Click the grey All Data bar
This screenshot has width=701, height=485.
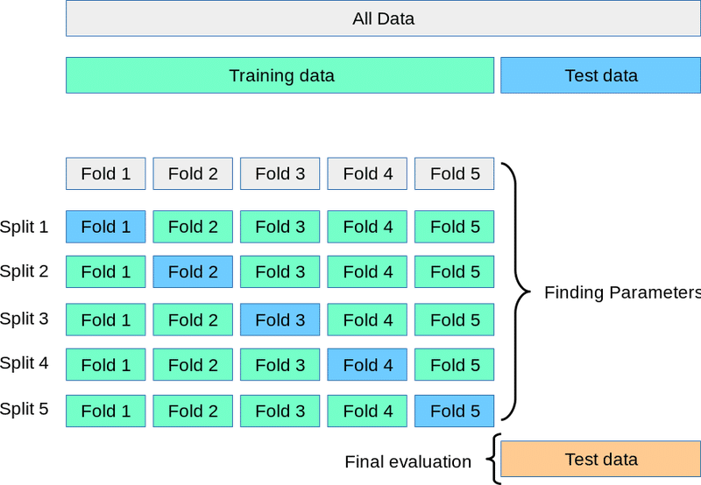tap(383, 18)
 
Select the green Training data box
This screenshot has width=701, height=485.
tap(280, 75)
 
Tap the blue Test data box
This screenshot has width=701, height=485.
tap(600, 75)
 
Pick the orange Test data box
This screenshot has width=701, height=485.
tap(600, 459)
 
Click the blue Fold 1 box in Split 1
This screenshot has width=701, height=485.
tap(105, 227)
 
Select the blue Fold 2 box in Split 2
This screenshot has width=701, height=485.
tap(193, 272)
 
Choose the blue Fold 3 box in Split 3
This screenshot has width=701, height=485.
tap(280, 320)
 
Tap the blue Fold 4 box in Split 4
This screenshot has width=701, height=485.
tap(367, 365)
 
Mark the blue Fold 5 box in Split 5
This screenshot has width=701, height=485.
tap(454, 411)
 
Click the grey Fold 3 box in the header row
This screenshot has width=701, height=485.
tap(280, 173)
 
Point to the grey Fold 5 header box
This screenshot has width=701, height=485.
tap(454, 173)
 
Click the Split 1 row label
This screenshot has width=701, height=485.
tap(25, 227)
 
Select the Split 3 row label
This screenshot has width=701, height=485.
tap(25, 319)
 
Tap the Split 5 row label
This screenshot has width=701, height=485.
tap(25, 409)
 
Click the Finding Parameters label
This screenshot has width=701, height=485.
tap(622, 292)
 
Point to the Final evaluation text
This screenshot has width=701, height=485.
tap(407, 461)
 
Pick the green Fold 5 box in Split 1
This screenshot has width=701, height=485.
tap(454, 227)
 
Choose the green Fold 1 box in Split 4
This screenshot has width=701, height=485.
tap(105, 365)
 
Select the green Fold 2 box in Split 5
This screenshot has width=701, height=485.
tap(193, 411)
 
